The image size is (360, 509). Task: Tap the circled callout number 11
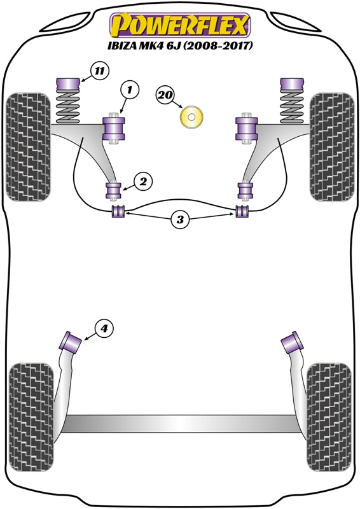click(x=100, y=71)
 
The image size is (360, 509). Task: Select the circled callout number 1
click(x=130, y=89)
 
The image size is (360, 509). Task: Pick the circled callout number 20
click(x=165, y=95)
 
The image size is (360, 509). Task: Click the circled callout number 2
click(x=143, y=181)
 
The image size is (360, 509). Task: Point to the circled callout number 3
click(x=180, y=220)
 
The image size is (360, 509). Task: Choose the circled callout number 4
click(x=104, y=329)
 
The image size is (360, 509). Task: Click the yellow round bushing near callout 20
click(x=191, y=116)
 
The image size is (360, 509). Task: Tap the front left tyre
click(x=29, y=147)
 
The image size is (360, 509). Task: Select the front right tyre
click(x=332, y=147)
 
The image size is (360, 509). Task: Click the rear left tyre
click(x=31, y=417)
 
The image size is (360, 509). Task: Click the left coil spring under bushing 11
click(x=68, y=106)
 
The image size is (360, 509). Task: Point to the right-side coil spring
click(x=292, y=106)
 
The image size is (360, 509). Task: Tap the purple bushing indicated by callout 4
click(x=71, y=340)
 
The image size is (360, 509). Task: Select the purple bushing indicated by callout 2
click(x=114, y=191)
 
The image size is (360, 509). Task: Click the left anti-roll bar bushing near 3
click(x=118, y=211)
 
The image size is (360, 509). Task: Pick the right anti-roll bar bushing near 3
click(x=242, y=211)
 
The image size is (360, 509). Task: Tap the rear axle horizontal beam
click(x=180, y=424)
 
